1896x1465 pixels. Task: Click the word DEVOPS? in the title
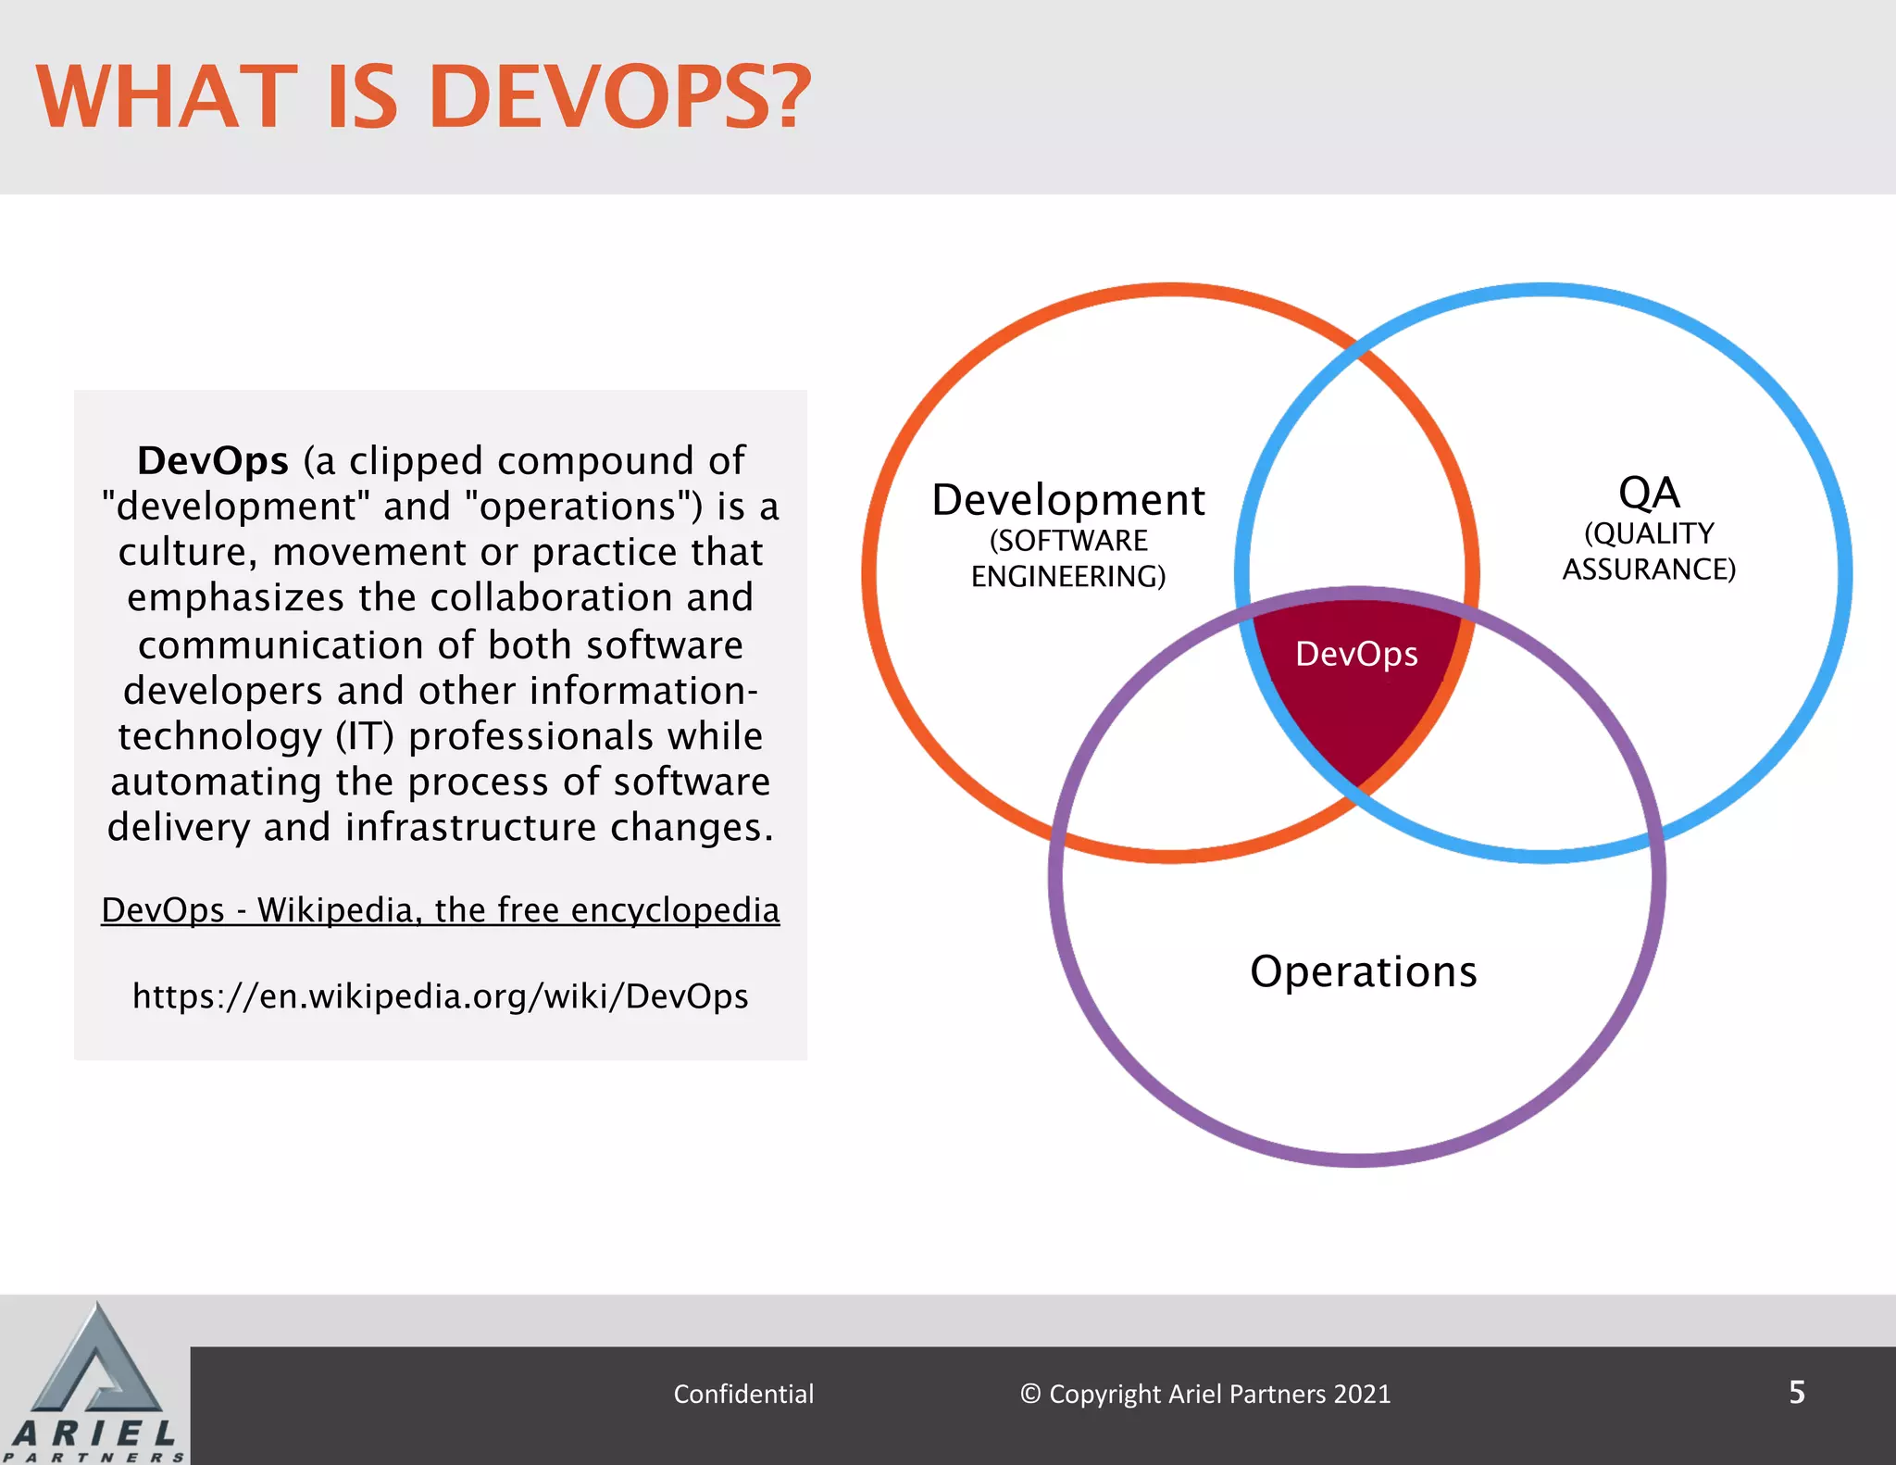pyautogui.click(x=619, y=96)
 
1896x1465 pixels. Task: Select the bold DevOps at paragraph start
pyautogui.click(x=213, y=460)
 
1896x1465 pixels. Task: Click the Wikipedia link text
pyautogui.click(x=441, y=909)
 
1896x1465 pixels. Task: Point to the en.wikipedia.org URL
pyautogui.click(x=441, y=996)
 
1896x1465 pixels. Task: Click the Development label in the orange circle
pyautogui.click(x=1068, y=500)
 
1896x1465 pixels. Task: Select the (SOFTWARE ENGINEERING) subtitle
pyautogui.click(x=1068, y=558)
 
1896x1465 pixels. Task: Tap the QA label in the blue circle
pyautogui.click(x=1649, y=493)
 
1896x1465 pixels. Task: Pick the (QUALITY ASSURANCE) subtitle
pyautogui.click(x=1649, y=551)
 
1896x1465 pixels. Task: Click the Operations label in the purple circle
pyautogui.click(x=1364, y=971)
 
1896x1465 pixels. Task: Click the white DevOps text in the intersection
pyautogui.click(x=1356, y=654)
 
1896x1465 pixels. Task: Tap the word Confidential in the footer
pyautogui.click(x=743, y=1394)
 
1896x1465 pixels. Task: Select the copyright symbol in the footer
pyautogui.click(x=1030, y=1394)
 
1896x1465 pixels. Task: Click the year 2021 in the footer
pyautogui.click(x=1363, y=1394)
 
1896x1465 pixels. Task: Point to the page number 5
pyautogui.click(x=1796, y=1392)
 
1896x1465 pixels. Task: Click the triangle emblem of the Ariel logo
pyautogui.click(x=96, y=1361)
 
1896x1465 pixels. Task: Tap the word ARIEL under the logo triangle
pyautogui.click(x=94, y=1434)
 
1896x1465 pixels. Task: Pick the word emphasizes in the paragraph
pyautogui.click(x=235, y=598)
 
